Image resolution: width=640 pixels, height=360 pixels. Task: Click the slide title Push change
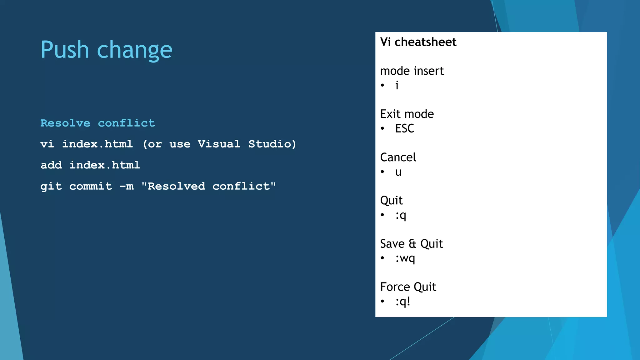click(106, 50)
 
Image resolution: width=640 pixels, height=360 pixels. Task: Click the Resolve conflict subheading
click(97, 123)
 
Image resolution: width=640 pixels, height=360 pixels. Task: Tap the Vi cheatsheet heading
click(418, 42)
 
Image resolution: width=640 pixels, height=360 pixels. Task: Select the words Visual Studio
click(247, 144)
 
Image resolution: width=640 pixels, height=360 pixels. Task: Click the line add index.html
click(90, 165)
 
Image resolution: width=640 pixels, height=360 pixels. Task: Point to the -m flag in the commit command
click(127, 186)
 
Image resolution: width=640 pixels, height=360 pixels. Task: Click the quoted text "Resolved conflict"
click(208, 186)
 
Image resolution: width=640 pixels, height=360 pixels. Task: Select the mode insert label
click(412, 71)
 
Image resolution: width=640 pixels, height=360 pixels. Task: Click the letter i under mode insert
click(397, 85)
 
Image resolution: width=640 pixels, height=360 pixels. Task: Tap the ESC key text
click(404, 128)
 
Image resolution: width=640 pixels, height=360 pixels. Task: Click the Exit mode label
click(407, 114)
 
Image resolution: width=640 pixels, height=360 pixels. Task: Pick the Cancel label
click(398, 157)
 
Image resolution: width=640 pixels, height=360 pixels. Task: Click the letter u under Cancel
click(398, 172)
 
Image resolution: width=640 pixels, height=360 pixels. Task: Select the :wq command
click(405, 258)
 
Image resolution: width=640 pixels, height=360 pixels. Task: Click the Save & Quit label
click(411, 244)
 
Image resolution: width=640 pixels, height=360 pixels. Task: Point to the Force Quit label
click(408, 287)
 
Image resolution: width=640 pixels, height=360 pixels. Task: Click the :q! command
click(402, 302)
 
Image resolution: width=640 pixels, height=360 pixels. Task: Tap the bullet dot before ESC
click(382, 128)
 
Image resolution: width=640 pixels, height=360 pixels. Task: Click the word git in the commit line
click(51, 187)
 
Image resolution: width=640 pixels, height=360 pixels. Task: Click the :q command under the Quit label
click(401, 215)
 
